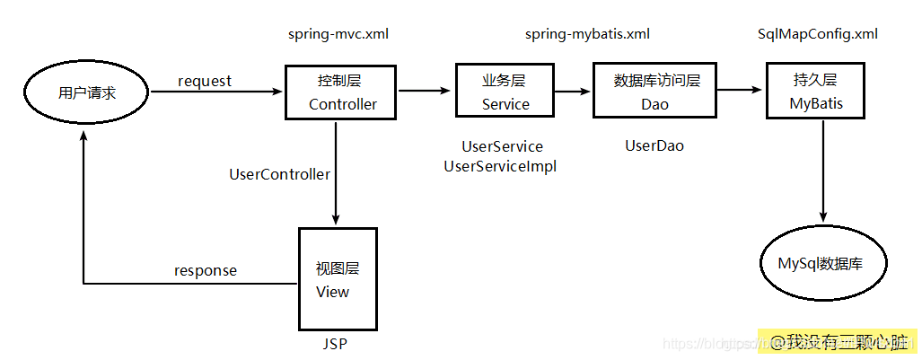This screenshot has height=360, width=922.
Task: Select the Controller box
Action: coord(342,92)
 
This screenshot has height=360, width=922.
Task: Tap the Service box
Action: coord(505,92)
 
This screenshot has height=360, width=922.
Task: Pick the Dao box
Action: coord(655,92)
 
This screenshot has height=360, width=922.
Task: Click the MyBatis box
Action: coord(816,92)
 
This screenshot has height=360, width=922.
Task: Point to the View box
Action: coord(338,279)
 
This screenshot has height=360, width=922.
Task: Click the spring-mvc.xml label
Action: coord(338,34)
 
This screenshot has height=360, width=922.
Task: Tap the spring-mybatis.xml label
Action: coord(587,34)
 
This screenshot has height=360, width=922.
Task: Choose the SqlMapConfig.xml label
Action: coord(818,34)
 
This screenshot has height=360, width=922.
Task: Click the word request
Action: coord(205,81)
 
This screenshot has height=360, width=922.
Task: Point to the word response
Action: coord(206,270)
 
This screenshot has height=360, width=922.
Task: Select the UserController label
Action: coord(280,174)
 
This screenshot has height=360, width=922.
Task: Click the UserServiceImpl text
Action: coord(500,166)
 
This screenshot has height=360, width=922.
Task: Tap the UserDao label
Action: coord(654,145)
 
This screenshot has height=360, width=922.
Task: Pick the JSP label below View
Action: coord(334,343)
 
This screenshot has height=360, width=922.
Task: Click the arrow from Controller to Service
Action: coord(426,90)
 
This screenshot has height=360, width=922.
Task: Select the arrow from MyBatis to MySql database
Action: coord(822,171)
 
